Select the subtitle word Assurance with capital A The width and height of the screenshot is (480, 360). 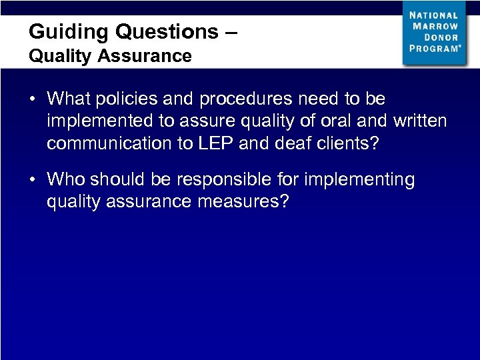pyautogui.click(x=144, y=56)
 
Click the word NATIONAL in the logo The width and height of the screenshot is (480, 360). pyautogui.click(x=434, y=15)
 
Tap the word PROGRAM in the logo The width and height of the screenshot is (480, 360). pyautogui.click(x=434, y=49)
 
